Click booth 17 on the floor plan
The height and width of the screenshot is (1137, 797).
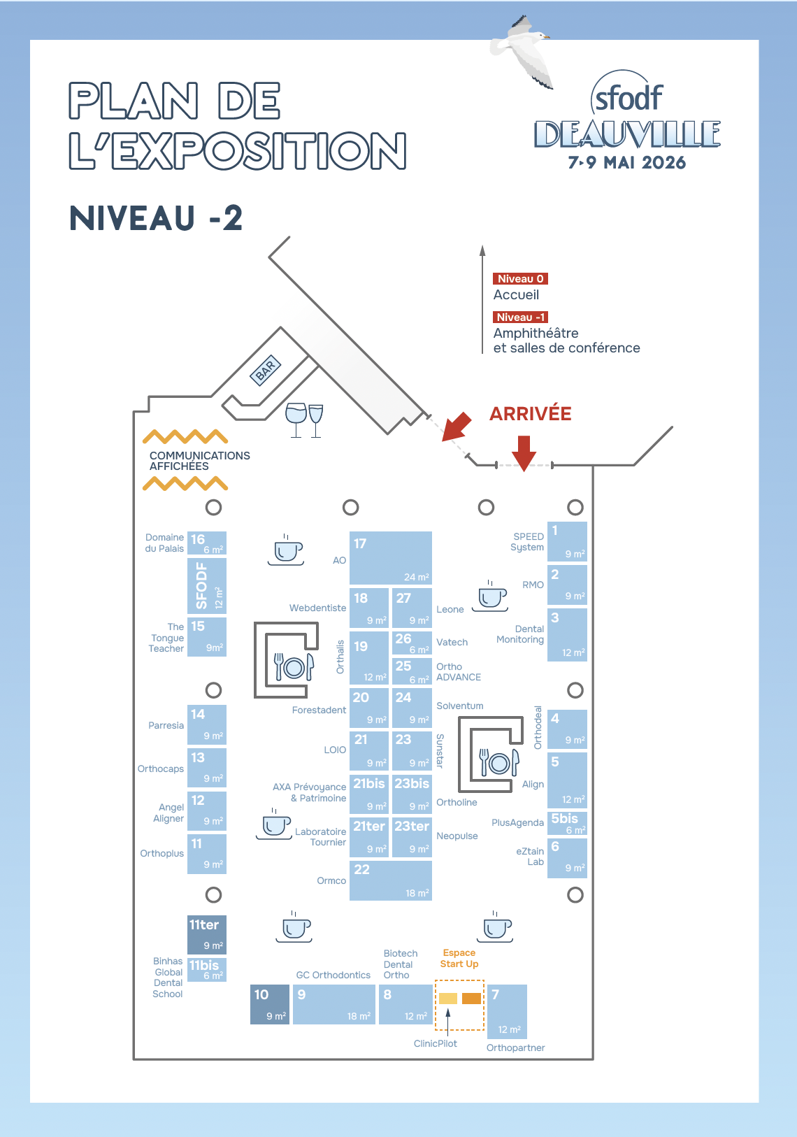coord(390,557)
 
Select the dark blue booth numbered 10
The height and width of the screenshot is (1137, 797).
coord(269,1004)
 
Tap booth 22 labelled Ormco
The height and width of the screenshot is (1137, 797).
coord(390,880)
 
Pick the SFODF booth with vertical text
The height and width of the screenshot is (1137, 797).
coord(207,585)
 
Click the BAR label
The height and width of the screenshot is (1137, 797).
coord(266,369)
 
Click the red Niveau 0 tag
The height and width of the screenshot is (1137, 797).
coord(520,278)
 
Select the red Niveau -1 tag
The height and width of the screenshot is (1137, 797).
coord(520,317)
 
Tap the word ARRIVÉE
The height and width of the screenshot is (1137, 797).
coord(530,414)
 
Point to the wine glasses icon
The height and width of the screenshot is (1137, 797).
coord(305,420)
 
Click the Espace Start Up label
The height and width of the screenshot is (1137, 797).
coord(459,958)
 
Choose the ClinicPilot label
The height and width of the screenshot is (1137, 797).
coord(435,1043)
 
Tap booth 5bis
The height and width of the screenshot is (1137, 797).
coord(567,822)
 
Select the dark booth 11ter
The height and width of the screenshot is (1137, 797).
coord(207,934)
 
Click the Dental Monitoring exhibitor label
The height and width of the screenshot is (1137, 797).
coord(521,634)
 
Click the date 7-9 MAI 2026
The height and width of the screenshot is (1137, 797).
coord(627,162)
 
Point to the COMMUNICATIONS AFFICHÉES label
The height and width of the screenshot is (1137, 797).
coord(199,460)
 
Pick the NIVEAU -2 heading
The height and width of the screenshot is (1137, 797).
coord(156,218)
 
